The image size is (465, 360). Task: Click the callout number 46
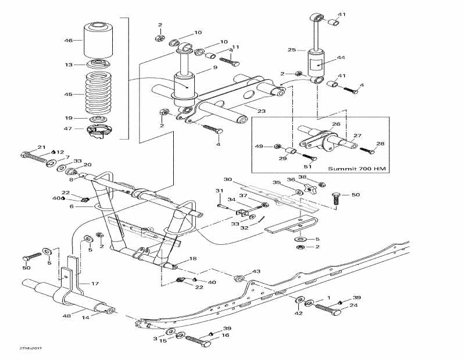[69, 41]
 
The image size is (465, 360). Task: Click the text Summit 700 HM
[356, 169]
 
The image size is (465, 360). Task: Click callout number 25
[292, 50]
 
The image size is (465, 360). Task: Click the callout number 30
[228, 179]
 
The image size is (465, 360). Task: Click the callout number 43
[256, 272]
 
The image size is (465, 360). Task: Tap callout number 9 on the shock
[214, 67]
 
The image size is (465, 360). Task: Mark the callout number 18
[193, 258]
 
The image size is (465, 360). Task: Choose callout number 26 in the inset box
[336, 124]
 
